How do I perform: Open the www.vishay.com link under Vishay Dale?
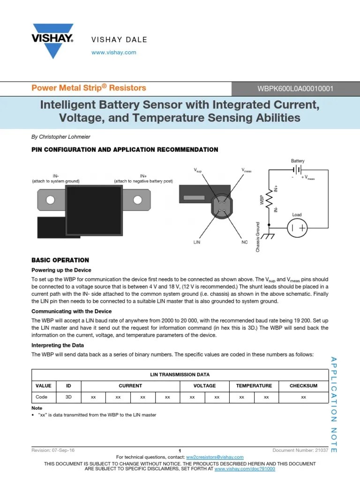click(x=114, y=52)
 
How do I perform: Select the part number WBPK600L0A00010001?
click(x=296, y=88)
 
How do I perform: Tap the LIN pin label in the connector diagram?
click(x=196, y=243)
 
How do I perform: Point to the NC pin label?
click(x=244, y=243)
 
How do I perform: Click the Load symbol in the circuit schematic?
click(x=297, y=228)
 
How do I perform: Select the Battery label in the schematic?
click(x=298, y=161)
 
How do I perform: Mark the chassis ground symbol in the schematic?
click(x=269, y=235)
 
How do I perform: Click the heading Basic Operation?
click(x=60, y=260)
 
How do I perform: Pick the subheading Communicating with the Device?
click(x=71, y=311)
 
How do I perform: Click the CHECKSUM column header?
click(x=303, y=386)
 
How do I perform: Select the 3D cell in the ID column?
click(x=68, y=397)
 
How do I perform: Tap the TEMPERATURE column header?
click(x=254, y=386)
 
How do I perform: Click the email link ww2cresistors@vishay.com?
click(x=215, y=457)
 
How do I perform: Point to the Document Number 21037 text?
click(x=294, y=450)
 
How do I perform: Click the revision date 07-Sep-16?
click(x=64, y=450)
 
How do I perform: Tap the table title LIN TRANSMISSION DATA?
click(x=180, y=375)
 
